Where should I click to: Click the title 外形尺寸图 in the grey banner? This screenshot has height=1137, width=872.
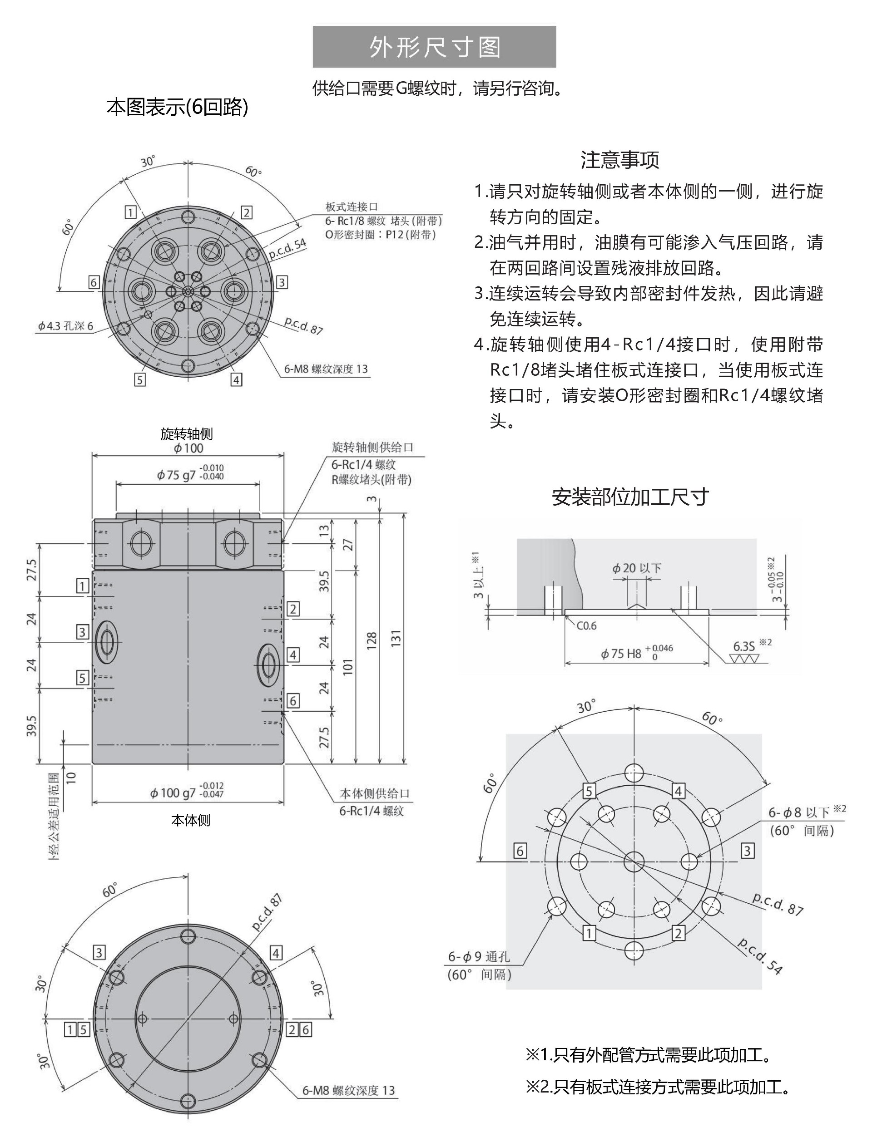coord(435,47)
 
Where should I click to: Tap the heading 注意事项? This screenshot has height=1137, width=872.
coord(620,160)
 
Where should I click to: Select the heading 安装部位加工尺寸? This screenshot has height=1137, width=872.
coord(630,497)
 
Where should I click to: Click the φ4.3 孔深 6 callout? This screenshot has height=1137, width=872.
coord(65,326)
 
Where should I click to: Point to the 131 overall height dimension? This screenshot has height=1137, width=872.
coord(396,639)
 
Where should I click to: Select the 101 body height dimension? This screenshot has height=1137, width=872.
coord(348,666)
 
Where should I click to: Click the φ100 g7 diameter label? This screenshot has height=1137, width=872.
coord(186,792)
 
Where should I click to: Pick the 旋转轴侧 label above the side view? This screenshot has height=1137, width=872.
coord(187,433)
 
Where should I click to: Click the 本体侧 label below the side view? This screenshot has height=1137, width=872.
coord(190,820)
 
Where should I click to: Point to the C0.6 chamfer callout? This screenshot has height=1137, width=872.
coord(586,626)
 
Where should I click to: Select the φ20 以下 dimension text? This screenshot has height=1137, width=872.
coord(636,568)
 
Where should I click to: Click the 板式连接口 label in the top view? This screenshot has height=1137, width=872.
coord(352,207)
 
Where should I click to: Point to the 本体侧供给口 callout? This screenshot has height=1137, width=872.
coord(374,793)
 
